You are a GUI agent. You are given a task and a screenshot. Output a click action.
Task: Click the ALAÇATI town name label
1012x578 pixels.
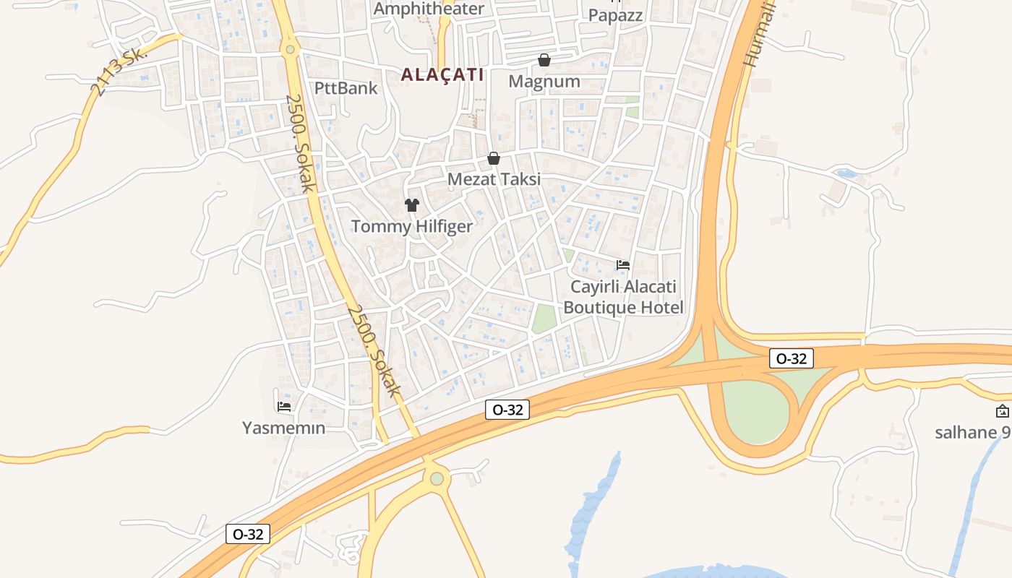(x=442, y=74)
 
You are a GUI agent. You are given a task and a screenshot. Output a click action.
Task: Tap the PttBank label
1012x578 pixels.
(x=346, y=88)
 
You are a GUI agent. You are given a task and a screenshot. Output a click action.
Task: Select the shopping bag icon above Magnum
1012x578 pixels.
(x=544, y=60)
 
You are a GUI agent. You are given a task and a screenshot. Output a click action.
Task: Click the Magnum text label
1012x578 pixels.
(x=544, y=82)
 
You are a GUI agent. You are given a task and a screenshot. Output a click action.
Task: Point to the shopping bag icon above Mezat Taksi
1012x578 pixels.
(x=494, y=158)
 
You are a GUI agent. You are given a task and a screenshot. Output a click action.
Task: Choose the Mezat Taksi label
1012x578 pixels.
(x=494, y=179)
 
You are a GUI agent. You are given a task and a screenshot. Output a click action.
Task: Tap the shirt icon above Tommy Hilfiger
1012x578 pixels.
(x=412, y=205)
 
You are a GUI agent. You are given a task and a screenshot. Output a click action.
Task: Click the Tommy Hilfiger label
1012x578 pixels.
(x=412, y=226)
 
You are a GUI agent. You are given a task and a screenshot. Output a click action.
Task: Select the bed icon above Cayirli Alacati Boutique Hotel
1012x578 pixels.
(x=623, y=265)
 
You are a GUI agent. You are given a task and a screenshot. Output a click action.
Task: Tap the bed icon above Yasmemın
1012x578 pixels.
(x=284, y=407)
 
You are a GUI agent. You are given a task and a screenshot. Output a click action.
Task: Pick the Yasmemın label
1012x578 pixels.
(x=284, y=428)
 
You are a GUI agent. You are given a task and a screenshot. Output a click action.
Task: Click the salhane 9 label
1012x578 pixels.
(x=972, y=433)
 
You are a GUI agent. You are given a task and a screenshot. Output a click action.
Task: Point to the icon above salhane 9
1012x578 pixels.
(x=1003, y=412)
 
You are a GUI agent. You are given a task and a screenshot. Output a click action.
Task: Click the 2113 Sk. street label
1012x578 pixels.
(x=119, y=72)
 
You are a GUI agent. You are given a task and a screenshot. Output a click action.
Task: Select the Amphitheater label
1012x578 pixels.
(x=429, y=9)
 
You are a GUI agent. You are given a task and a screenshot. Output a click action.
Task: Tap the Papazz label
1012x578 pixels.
(x=615, y=15)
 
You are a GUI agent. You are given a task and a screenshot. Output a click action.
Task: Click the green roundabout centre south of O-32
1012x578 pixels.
(x=437, y=478)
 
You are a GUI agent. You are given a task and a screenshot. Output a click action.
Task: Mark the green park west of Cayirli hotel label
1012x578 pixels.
(x=544, y=319)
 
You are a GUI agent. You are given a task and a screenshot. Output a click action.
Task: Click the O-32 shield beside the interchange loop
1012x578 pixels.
(x=792, y=358)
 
